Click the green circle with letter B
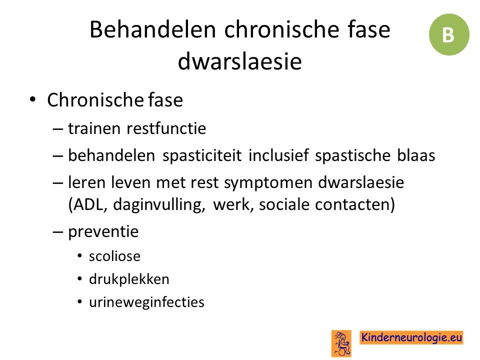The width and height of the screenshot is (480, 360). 449,34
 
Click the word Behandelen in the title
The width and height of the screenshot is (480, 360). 153,29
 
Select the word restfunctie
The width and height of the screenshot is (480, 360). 166,128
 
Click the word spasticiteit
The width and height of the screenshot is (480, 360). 202,155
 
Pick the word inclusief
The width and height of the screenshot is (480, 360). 278,155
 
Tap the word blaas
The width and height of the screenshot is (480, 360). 416,155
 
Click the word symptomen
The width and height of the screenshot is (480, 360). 268,183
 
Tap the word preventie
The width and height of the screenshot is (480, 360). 103,231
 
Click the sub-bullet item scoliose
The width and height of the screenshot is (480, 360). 115,256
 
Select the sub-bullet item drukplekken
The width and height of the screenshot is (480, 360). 129,279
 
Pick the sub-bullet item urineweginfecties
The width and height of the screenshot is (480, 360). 146,302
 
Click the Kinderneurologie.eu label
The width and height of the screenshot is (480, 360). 411,337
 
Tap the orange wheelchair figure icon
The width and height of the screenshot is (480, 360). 341,343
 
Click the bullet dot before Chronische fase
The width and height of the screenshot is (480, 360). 32,99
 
